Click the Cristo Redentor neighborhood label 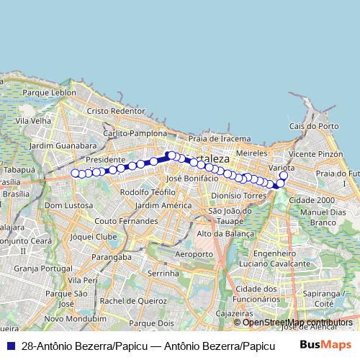[x=115, y=111]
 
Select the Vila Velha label [x=34, y=122]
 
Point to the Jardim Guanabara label [x=63, y=145]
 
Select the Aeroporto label [x=194, y=254]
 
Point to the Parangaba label [x=111, y=256]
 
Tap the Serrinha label [x=163, y=274]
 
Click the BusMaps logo [x=325, y=346]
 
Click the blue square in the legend [x=10, y=346]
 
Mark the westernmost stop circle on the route [x=75, y=173]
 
